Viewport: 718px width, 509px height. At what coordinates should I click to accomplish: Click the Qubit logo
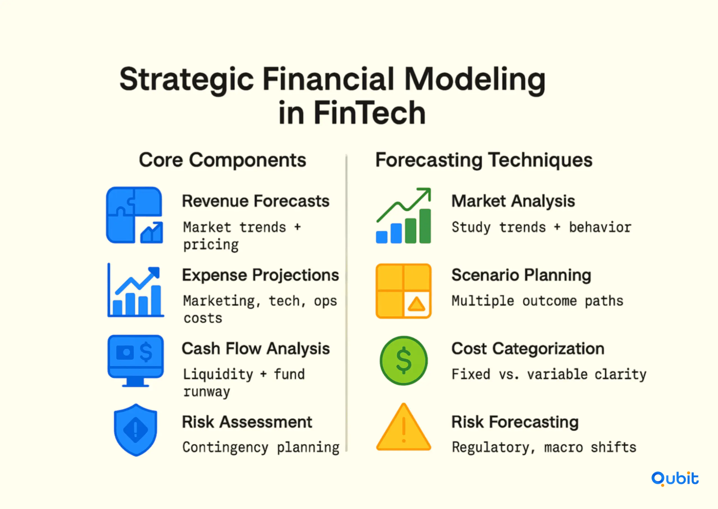point(675,479)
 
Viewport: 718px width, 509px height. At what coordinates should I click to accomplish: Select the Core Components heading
point(222,160)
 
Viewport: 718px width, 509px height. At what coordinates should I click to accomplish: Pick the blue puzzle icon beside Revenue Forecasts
point(134,215)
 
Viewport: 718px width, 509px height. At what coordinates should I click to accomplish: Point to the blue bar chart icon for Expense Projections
point(135,290)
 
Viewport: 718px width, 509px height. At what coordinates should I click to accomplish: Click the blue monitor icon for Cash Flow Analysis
point(135,361)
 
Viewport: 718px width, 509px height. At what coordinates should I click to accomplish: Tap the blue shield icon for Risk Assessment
point(135,430)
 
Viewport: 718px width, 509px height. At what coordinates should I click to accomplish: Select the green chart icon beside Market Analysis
point(404,215)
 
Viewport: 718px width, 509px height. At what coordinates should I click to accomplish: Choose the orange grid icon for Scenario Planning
point(403,291)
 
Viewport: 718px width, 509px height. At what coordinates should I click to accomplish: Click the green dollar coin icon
point(404,361)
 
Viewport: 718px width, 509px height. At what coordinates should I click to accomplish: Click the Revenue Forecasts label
point(256,201)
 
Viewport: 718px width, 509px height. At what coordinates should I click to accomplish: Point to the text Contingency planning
point(261,448)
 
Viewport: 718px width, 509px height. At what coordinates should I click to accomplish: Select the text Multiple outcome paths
point(537,301)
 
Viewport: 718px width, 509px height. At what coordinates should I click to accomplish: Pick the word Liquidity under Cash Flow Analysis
point(218,375)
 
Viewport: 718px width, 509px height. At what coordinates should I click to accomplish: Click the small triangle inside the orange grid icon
point(416,304)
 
